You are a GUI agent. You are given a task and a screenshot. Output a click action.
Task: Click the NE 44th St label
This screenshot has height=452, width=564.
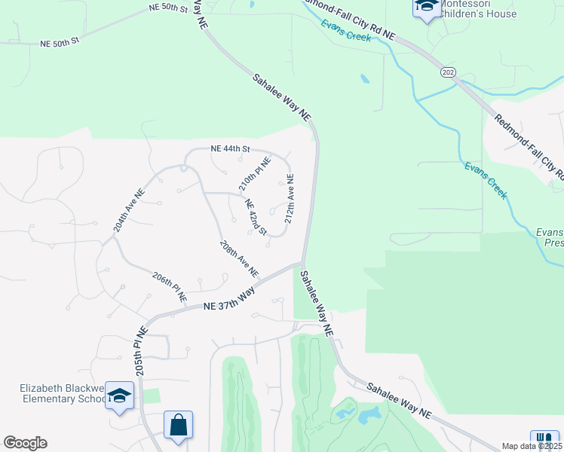[230, 148]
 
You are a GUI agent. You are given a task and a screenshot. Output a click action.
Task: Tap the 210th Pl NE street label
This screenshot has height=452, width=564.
[254, 173]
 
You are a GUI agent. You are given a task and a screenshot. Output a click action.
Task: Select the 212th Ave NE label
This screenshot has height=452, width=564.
[289, 199]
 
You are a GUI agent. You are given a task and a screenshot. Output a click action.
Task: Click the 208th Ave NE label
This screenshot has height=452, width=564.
[239, 258]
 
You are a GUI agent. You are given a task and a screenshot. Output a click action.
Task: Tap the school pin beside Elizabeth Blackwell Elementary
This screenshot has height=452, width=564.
[119, 395]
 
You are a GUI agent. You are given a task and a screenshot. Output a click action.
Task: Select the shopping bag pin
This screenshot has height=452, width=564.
[178, 425]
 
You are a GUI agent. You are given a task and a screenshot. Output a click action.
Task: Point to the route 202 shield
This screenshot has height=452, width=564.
[448, 72]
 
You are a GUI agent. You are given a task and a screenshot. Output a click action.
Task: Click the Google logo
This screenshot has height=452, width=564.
[25, 443]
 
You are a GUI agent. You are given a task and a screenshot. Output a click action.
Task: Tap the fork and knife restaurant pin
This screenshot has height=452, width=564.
[544, 438]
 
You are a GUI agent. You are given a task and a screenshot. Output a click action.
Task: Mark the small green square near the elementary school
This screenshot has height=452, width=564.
[152, 395]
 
